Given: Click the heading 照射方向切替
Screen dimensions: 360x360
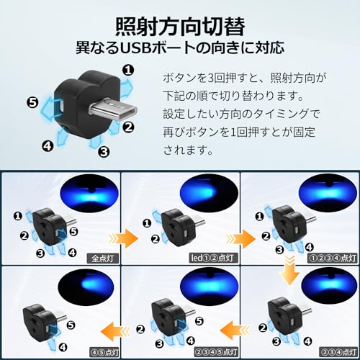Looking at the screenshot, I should point(180,24).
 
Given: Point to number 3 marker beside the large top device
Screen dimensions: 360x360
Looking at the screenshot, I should point(103,151).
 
